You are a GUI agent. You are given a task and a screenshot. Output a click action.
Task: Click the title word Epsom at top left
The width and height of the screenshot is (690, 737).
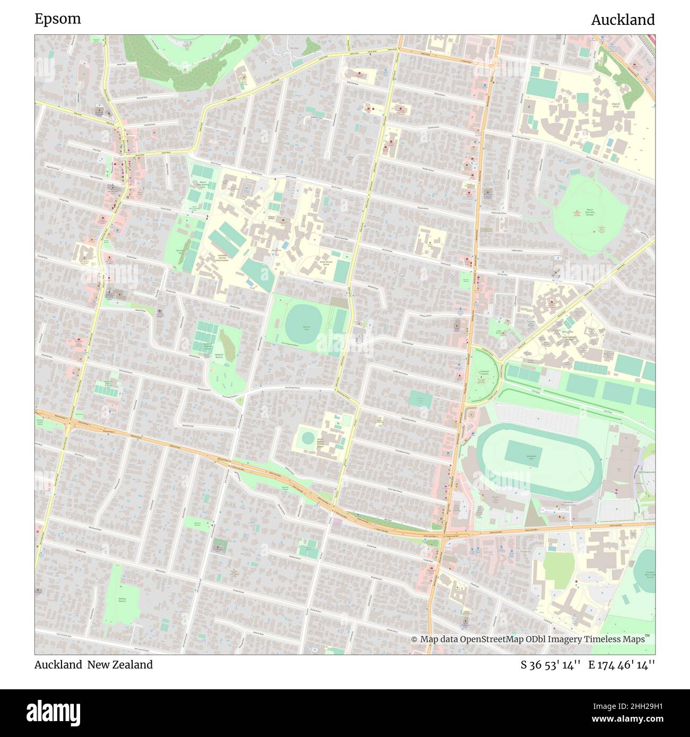[x=58, y=19]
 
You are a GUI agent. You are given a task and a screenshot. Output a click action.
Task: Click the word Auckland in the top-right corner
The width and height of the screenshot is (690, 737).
[x=623, y=20]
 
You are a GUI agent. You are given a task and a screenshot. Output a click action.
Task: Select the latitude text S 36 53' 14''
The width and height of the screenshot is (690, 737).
[x=551, y=665]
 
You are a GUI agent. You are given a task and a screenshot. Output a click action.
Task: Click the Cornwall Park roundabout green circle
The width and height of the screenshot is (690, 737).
[x=483, y=376]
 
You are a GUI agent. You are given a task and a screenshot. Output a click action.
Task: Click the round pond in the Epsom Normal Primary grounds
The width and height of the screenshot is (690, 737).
[x=307, y=438]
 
